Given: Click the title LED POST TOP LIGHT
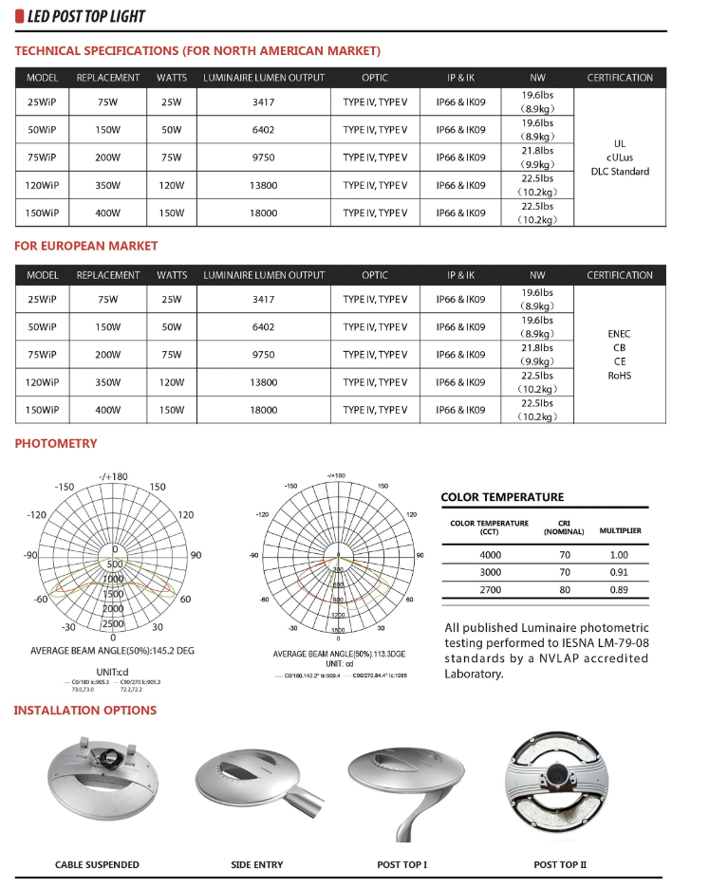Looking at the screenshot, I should (87, 17).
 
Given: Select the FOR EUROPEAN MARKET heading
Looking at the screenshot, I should (86, 246).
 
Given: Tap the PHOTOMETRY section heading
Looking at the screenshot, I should (56, 443).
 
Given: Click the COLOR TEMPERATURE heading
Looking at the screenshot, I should (502, 497).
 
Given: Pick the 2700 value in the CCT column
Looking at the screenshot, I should (489, 589).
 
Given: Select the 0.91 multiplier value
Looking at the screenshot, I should (619, 572).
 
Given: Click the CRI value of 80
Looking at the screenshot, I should (564, 589).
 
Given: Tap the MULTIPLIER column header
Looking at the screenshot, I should (620, 530).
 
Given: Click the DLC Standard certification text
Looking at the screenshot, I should (620, 172).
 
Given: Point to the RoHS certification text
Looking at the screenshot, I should (619, 375).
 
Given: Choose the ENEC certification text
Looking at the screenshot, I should (619, 334).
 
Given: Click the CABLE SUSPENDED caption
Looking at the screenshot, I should (97, 864).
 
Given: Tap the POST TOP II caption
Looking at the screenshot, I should (560, 864).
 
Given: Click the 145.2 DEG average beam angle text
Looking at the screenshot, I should (113, 651).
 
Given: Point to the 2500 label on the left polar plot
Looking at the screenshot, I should (113, 623).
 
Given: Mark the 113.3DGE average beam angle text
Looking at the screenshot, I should (338, 655).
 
